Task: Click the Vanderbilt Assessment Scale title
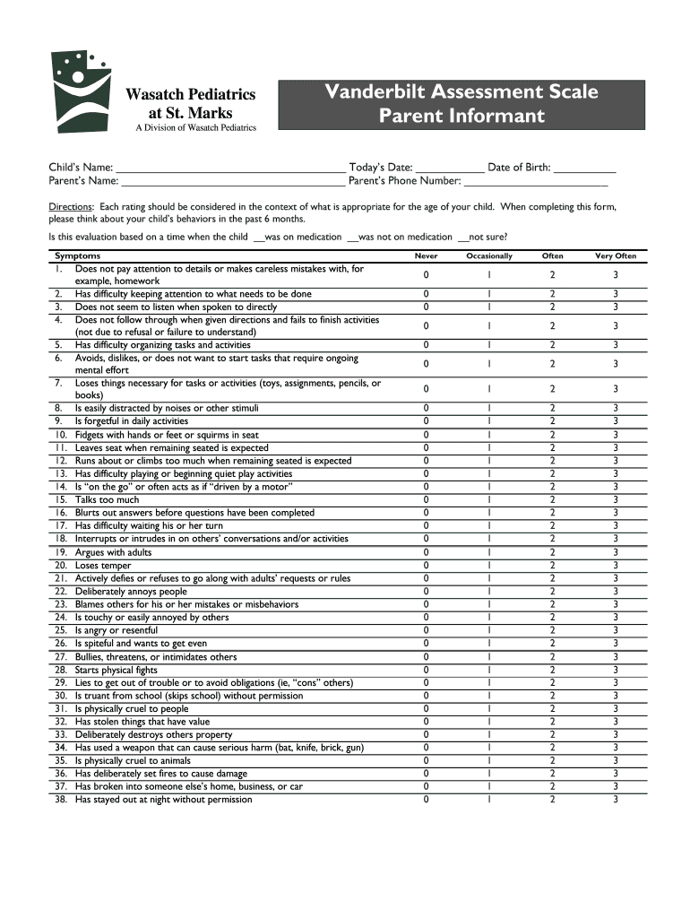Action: click(x=461, y=103)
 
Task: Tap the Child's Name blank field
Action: click(x=230, y=168)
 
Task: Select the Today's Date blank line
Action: click(x=450, y=168)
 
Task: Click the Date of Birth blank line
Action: click(x=584, y=168)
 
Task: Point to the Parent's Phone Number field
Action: click(x=535, y=181)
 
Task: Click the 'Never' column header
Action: click(x=426, y=255)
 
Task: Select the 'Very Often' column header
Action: click(x=616, y=255)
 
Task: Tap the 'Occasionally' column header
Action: click(x=489, y=255)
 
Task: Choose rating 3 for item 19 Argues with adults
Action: click(x=616, y=552)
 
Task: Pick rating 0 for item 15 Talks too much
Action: click(x=426, y=500)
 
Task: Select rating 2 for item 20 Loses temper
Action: click(x=553, y=566)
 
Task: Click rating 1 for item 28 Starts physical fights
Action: click(x=489, y=670)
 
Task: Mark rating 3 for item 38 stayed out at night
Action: click(x=616, y=800)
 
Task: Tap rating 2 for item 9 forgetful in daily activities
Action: click(x=553, y=421)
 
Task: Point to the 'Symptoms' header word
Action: click(x=78, y=255)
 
